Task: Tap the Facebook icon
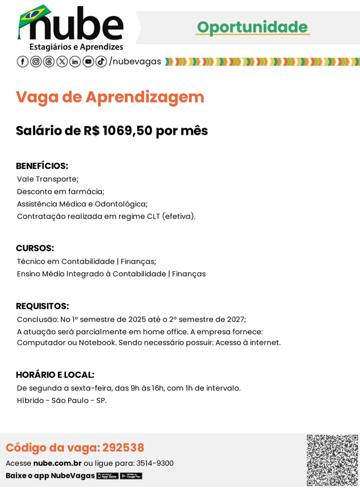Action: [23, 61]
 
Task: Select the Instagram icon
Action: [36, 61]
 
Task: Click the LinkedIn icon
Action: [75, 61]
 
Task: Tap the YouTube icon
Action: [88, 61]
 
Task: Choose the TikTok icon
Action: [101, 61]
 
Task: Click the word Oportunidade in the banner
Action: [252, 27]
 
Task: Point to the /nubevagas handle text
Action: [135, 61]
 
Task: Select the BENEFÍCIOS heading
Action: [42, 166]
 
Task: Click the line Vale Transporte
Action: [48, 179]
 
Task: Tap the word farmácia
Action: [86, 191]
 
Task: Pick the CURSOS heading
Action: [35, 248]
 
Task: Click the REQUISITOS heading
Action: [43, 306]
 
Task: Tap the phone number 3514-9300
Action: [155, 463]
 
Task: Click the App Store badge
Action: [107, 476]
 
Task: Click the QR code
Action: [332, 460]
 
